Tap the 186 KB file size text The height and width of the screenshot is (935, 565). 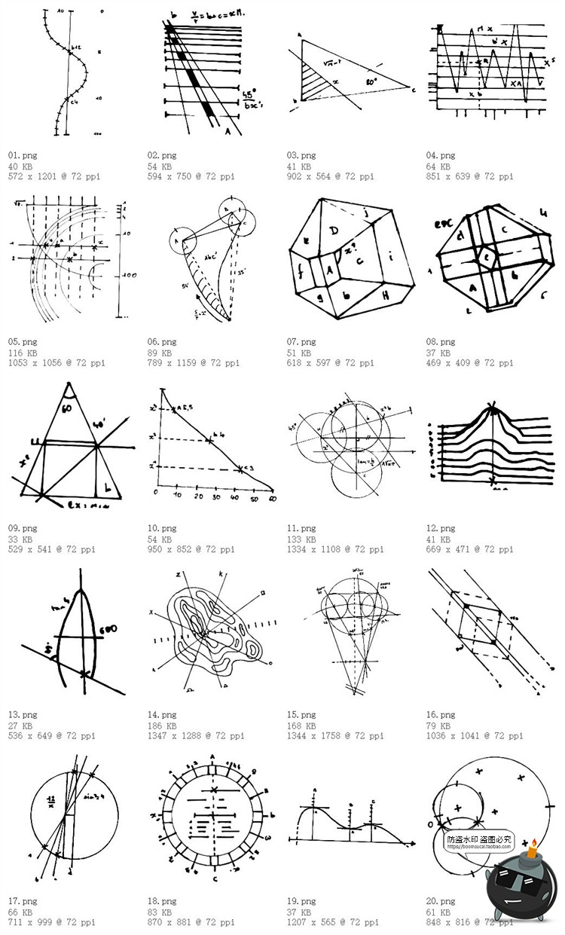coord(160,726)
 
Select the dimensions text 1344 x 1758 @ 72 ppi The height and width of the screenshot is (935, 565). coord(334,736)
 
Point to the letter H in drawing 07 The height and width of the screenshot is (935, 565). coord(385,297)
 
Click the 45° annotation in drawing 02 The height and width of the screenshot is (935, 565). coord(249,96)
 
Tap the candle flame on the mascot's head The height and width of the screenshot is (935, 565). coord(534,842)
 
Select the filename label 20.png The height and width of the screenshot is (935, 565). coord(441,901)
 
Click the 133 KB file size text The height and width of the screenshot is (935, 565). coord(300,539)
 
